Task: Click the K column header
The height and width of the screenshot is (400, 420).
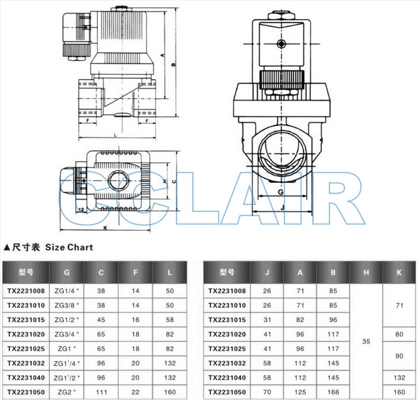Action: [399, 272]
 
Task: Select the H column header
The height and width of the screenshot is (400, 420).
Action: [366, 272]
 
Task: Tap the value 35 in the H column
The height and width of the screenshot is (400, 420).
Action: [366, 342]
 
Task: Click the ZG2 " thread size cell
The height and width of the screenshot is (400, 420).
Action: [67, 392]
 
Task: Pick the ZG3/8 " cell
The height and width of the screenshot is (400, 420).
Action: [67, 305]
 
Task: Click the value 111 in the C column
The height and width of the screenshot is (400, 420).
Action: [102, 392]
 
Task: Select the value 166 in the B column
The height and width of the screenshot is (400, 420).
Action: [333, 392]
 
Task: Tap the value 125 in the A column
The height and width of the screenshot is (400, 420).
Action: [300, 392]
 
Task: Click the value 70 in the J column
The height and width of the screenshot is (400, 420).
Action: [267, 392]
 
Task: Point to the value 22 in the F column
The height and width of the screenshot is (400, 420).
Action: [136, 392]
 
